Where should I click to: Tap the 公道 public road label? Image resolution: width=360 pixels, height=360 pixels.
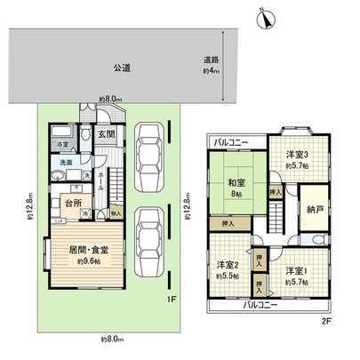click(x=122, y=67)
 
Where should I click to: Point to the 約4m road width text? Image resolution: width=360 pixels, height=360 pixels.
click(x=210, y=70)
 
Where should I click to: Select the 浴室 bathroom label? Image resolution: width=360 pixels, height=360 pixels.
click(x=64, y=144)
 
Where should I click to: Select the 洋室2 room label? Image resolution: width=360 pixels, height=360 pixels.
click(x=228, y=265)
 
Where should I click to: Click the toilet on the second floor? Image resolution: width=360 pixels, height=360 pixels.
click(x=317, y=241)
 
